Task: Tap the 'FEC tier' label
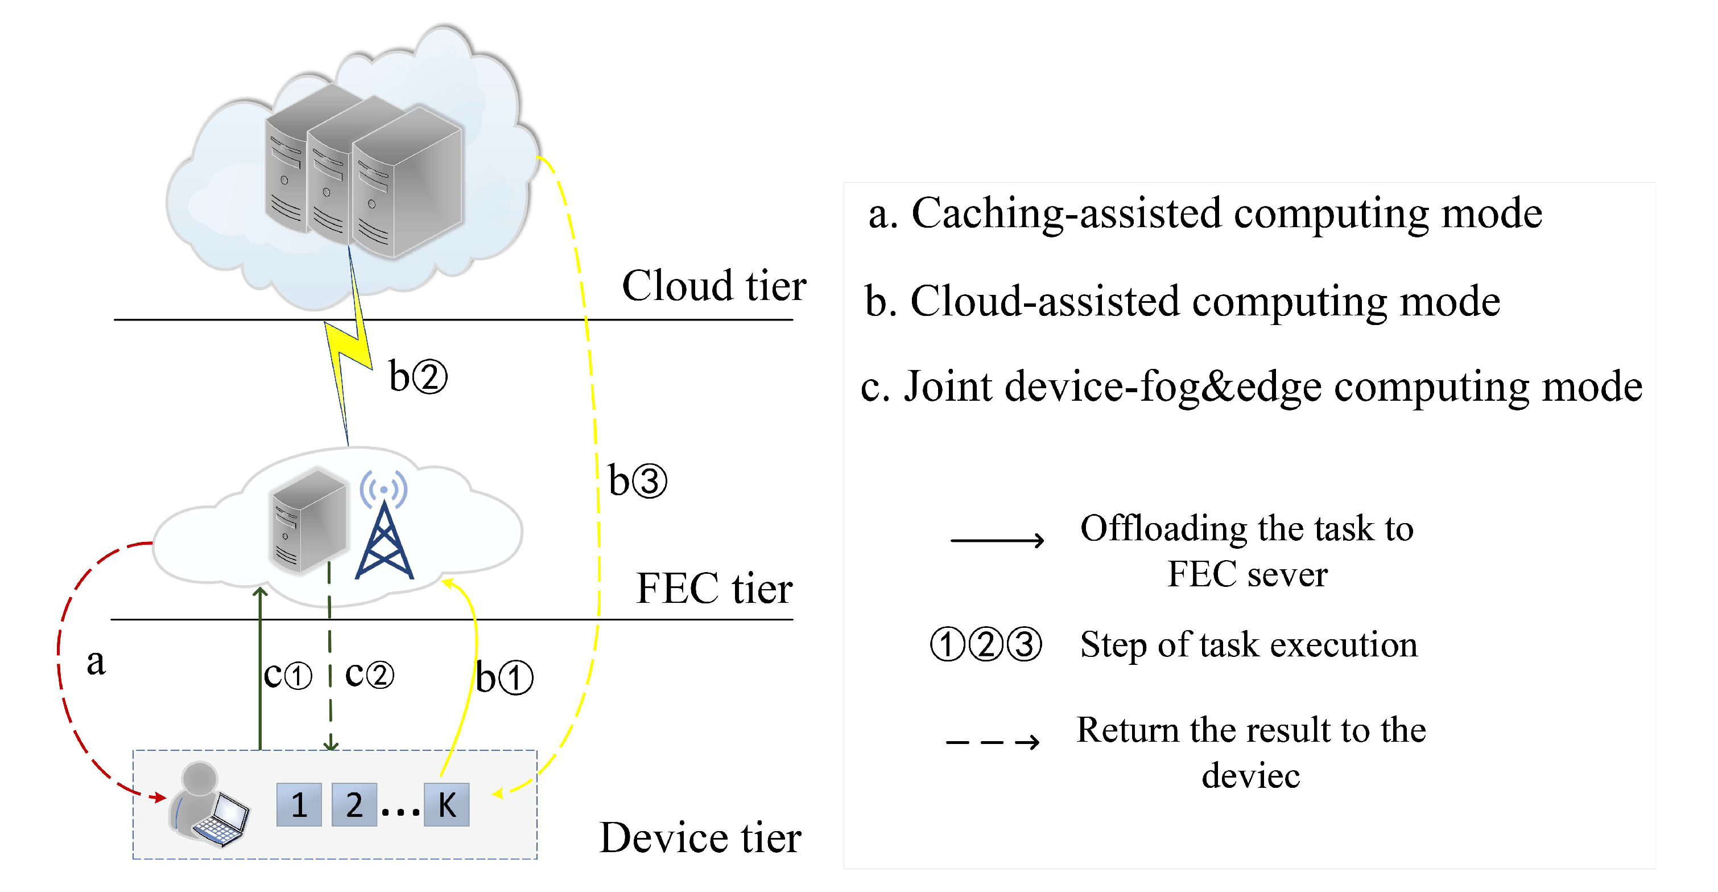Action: click(713, 589)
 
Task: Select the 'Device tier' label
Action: click(700, 837)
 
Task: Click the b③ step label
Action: click(637, 480)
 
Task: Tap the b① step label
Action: click(503, 678)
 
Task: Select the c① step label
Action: click(287, 675)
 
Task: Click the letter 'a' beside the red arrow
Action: click(96, 662)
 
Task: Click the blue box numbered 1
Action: click(299, 804)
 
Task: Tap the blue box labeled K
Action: click(446, 804)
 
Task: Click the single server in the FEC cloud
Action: click(309, 520)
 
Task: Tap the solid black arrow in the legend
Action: click(997, 540)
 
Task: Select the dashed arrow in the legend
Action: click(992, 741)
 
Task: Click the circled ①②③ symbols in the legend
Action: click(986, 644)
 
